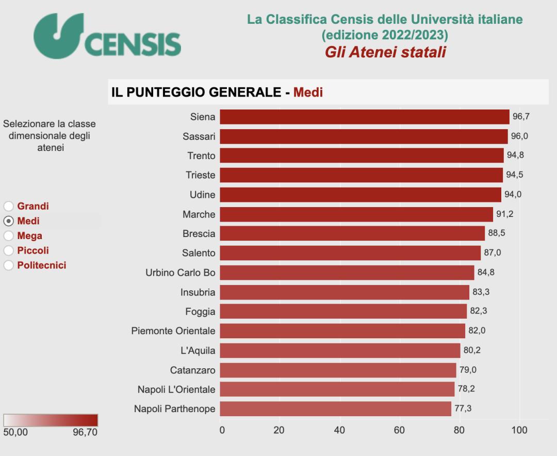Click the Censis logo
tap(107, 36)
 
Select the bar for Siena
tap(364, 117)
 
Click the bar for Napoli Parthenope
tap(335, 409)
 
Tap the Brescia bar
tap(352, 233)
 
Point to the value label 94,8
tap(515, 155)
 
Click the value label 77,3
tap(463, 409)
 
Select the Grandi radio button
tap(8, 206)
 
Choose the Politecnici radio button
tap(8, 265)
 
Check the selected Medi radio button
tap(8, 221)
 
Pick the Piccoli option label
tap(33, 250)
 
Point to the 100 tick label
tap(519, 430)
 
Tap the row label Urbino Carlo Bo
tap(181, 273)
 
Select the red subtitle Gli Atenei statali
tap(385, 52)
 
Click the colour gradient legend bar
tap(51, 420)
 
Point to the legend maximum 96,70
tap(85, 432)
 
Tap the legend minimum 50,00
tap(15, 432)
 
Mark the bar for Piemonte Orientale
tap(342, 331)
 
